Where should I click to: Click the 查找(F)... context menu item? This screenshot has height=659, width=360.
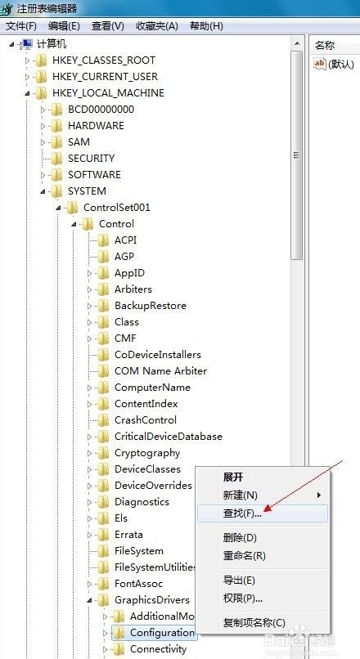(242, 513)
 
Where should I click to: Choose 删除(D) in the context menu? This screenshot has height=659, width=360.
(240, 537)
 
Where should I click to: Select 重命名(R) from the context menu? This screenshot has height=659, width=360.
(245, 556)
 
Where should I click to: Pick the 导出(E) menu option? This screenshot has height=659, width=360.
(239, 581)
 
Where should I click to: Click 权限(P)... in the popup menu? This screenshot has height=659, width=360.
(243, 598)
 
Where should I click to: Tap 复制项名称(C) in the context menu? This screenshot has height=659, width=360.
(254, 623)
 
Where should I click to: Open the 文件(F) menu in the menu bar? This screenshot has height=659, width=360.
(21, 26)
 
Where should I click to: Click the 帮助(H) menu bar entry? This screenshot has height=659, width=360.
(206, 26)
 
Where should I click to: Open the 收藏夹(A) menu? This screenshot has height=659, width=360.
(157, 26)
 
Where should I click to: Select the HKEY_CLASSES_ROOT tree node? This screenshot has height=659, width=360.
(103, 61)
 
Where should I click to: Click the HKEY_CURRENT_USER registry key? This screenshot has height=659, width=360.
(105, 77)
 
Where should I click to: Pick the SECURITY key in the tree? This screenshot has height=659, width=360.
(92, 159)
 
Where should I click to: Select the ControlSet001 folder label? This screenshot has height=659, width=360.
(117, 207)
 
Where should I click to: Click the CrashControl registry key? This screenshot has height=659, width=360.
(146, 420)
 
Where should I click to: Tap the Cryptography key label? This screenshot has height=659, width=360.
(147, 453)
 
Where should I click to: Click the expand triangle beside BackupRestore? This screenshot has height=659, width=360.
(89, 306)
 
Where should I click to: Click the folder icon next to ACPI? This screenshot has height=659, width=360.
(103, 240)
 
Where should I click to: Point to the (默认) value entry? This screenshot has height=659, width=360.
(334, 64)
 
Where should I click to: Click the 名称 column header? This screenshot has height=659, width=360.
(325, 46)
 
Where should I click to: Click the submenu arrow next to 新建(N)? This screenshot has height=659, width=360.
(319, 495)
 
